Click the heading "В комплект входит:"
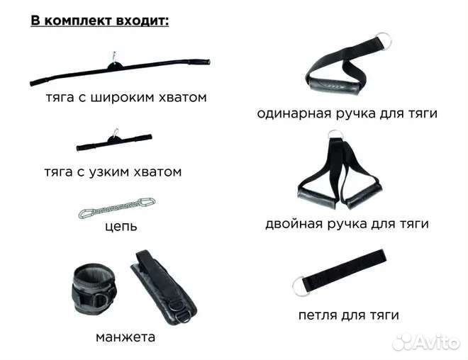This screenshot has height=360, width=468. pos(100,20)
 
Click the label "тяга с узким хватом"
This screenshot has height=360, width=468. pos(113,171)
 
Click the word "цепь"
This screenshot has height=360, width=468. pos(119,227)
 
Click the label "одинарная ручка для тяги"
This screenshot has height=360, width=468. pos(347,113)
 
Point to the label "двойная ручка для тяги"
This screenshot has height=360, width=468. pos(347,225)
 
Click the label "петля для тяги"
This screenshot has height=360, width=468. pos(348,315)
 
